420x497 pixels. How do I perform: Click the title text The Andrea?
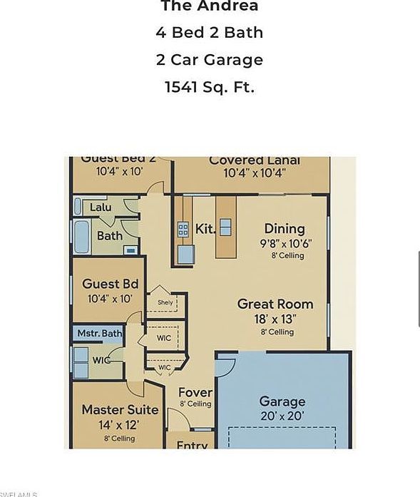209,6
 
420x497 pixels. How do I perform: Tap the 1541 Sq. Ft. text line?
209,87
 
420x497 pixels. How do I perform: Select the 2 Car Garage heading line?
209,60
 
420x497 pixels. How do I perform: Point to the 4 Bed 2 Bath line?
209,33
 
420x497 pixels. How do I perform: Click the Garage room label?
282,401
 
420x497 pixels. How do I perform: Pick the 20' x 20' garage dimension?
282,415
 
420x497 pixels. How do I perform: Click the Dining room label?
285,228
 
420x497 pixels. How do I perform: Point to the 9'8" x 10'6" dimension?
285,242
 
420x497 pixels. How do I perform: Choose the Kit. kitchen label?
205,230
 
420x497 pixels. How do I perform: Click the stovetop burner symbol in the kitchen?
183,229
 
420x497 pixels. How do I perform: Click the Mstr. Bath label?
99,333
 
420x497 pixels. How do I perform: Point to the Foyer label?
195,393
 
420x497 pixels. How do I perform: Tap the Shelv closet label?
165,302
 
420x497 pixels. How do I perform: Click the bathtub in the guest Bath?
81,235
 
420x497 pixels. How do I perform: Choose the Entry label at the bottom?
192,446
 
